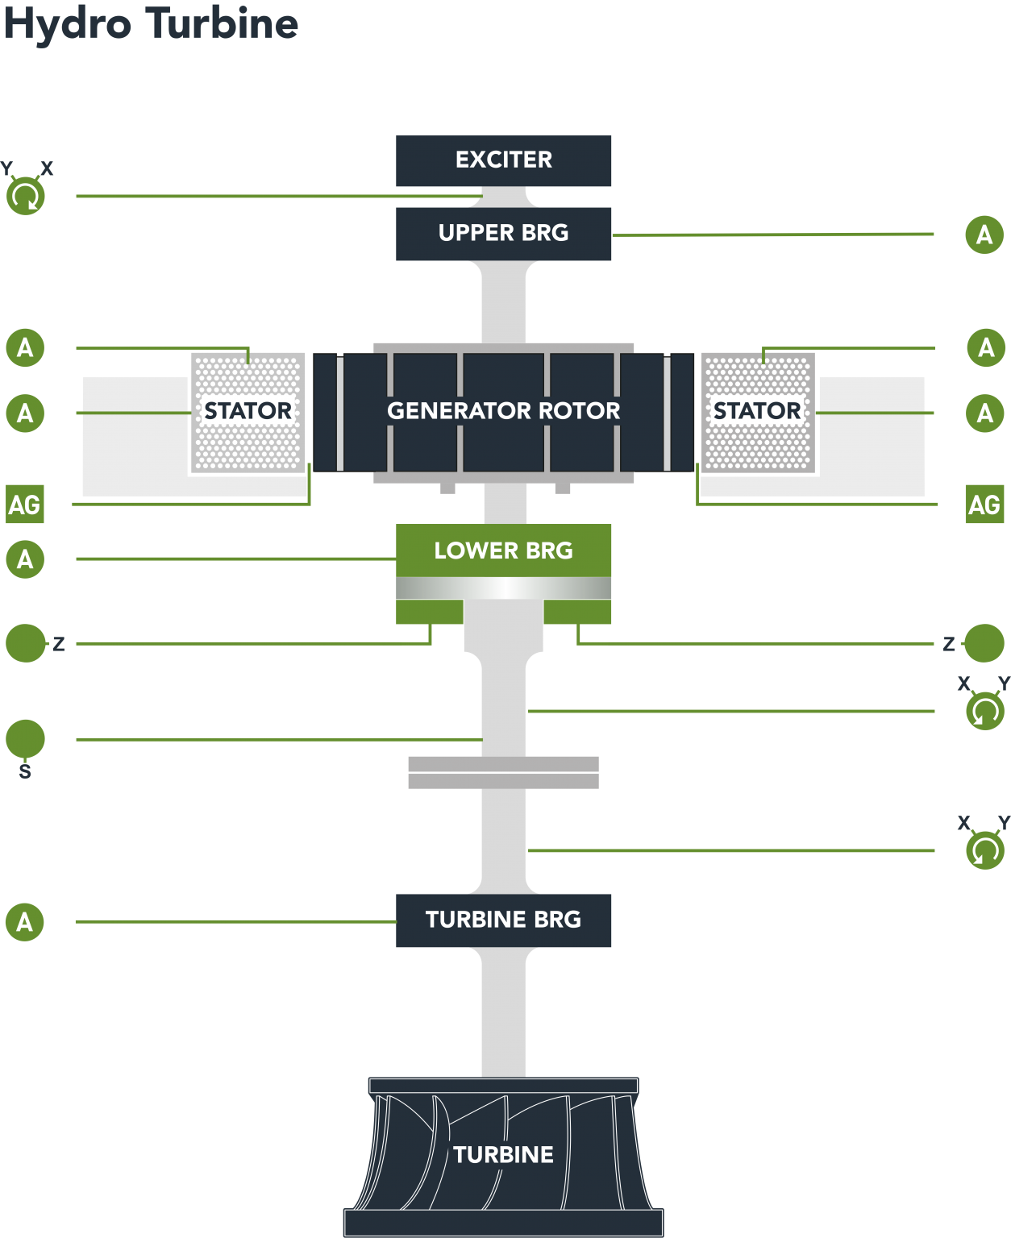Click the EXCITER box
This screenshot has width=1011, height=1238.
pyautogui.click(x=503, y=160)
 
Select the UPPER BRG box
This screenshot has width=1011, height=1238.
pyautogui.click(x=503, y=234)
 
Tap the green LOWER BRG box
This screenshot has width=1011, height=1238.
pyautogui.click(x=503, y=551)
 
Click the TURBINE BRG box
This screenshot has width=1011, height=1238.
pyautogui.click(x=503, y=920)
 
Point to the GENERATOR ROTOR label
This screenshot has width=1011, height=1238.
pyautogui.click(x=503, y=411)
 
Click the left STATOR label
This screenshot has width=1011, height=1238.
pyautogui.click(x=248, y=411)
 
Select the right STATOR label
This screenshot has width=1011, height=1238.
pyautogui.click(x=757, y=411)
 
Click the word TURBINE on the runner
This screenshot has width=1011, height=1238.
pyautogui.click(x=503, y=1155)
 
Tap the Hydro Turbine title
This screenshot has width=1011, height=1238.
pyautogui.click(x=151, y=24)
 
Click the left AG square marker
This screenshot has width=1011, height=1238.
pyautogui.click(x=24, y=505)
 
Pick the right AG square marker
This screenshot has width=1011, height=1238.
pyautogui.click(x=984, y=505)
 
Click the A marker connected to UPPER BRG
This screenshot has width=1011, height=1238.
pyautogui.click(x=984, y=235)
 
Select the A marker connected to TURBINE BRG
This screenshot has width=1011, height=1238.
pyautogui.click(x=25, y=922)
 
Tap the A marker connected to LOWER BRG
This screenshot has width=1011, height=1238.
pyautogui.click(x=25, y=559)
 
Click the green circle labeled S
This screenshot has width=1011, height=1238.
pyautogui.click(x=25, y=739)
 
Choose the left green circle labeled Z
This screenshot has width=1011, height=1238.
pyautogui.click(x=25, y=643)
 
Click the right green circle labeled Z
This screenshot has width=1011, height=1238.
pyautogui.click(x=984, y=643)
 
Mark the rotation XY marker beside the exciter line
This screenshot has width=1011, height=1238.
pyautogui.click(x=26, y=196)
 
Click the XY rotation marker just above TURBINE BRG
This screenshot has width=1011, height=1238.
pyautogui.click(x=984, y=850)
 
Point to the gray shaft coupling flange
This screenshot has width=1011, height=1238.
pyautogui.click(x=503, y=772)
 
